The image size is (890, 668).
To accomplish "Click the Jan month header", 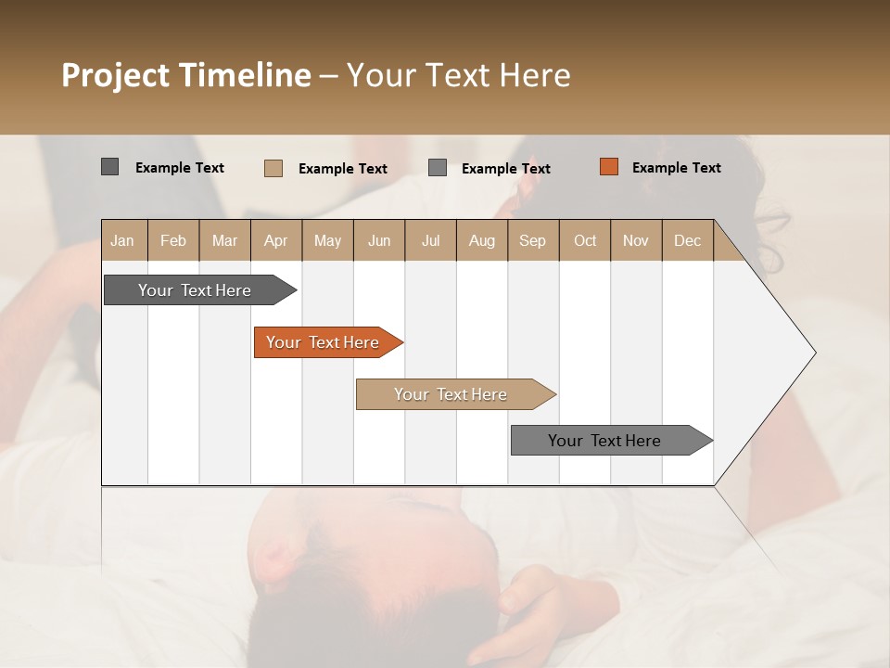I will pos(122,240).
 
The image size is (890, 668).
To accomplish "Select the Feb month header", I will pos(173,240).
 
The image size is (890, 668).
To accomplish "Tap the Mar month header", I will pos(224,240).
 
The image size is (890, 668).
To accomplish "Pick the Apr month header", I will pos(276,240).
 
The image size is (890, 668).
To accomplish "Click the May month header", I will pos(327,240).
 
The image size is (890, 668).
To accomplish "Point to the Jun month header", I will pos(379,240).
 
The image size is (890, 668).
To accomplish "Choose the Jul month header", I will pos(430,240).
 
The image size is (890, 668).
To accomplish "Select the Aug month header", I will pos(482,240).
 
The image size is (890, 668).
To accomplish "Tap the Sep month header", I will pos(533,240).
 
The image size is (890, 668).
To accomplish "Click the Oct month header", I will pos(585,240).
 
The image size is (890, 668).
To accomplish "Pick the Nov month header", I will pos(636,240).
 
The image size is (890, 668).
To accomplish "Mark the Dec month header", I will pos(688,240).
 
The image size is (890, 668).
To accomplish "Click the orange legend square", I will pos(608,167).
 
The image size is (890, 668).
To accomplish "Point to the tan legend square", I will pos(273,168).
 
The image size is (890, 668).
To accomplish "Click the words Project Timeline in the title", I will pos(186,75).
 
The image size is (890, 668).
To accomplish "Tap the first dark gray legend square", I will pos(109,167).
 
